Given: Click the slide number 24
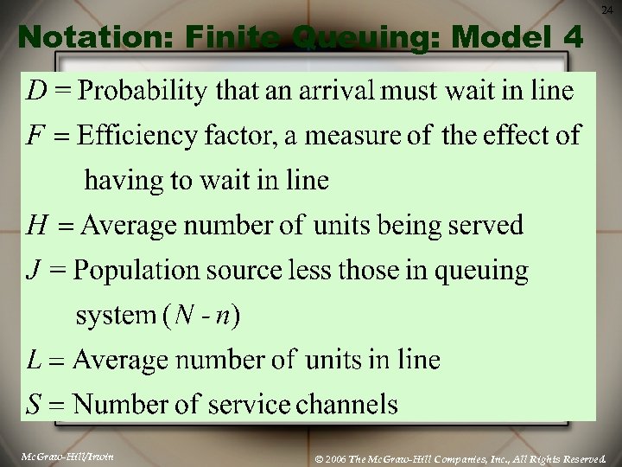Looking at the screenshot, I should pyautogui.click(x=608, y=10).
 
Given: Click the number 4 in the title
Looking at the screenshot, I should pyautogui.click(x=575, y=37).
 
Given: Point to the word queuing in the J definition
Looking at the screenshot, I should pyautogui.click(x=480, y=272).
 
